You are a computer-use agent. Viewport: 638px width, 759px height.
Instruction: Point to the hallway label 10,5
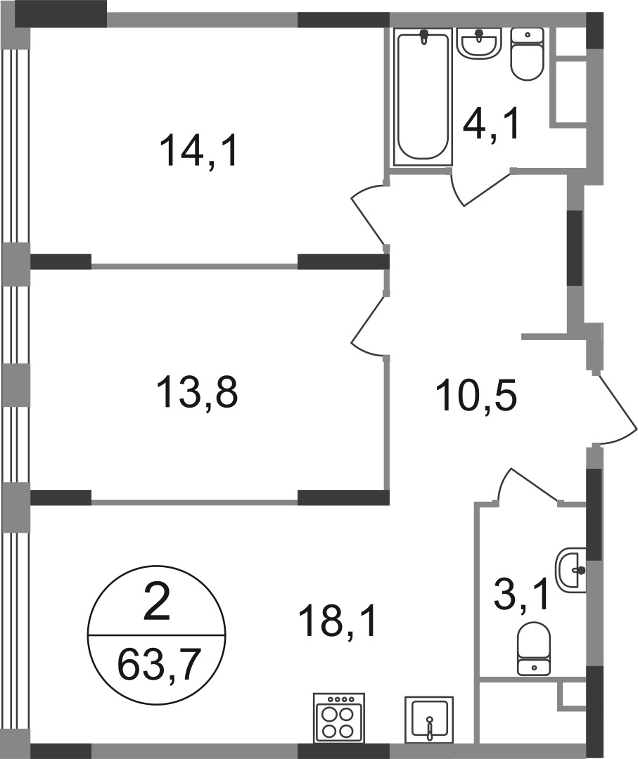point(477,396)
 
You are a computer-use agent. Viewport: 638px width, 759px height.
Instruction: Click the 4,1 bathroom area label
point(491,124)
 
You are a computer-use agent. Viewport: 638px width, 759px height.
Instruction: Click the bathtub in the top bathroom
point(423,96)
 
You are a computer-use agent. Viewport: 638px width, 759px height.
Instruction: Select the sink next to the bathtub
point(478,43)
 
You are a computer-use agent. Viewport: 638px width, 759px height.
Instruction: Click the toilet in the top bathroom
point(527,53)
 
